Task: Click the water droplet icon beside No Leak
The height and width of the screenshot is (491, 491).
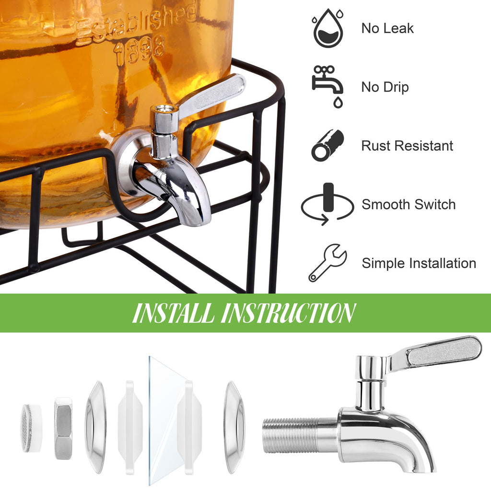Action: click(x=328, y=28)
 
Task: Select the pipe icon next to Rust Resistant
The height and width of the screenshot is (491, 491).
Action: click(x=327, y=145)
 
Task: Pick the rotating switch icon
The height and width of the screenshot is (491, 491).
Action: click(x=327, y=204)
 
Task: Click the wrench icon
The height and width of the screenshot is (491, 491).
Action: click(x=327, y=263)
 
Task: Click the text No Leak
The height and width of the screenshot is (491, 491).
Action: click(x=387, y=28)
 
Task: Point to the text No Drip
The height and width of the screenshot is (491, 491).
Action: click(x=385, y=87)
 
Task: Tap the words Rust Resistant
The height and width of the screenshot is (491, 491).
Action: click(x=407, y=146)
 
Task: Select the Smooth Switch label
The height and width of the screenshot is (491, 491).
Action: click(x=409, y=204)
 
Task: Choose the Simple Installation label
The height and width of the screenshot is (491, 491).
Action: click(x=419, y=263)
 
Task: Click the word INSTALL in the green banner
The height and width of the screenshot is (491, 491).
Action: click(x=173, y=313)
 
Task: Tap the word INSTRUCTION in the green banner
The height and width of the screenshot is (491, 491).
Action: click(x=289, y=313)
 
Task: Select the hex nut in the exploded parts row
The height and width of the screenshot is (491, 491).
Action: click(x=63, y=428)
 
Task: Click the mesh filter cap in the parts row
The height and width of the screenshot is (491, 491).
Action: click(x=31, y=428)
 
